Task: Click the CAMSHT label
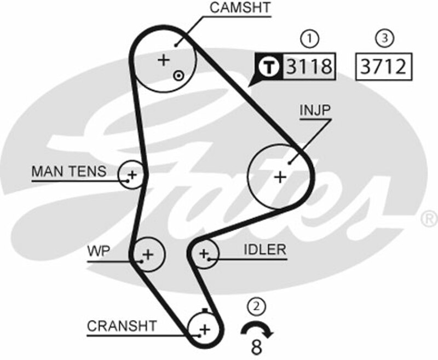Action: [240, 8]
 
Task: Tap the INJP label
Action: [315, 110]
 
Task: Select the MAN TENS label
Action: [69, 171]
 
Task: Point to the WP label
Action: [99, 251]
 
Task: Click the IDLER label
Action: [265, 250]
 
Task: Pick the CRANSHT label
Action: [122, 326]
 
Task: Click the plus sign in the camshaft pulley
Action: [164, 60]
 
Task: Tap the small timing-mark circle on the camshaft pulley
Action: [178, 76]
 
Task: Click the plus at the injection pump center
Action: [280, 177]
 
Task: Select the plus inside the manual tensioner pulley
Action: [131, 176]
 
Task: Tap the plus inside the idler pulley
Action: [204, 254]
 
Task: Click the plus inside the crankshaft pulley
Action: [204, 329]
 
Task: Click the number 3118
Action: [309, 67]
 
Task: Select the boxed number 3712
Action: [383, 67]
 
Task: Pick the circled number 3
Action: [384, 38]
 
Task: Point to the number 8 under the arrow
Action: [256, 346]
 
